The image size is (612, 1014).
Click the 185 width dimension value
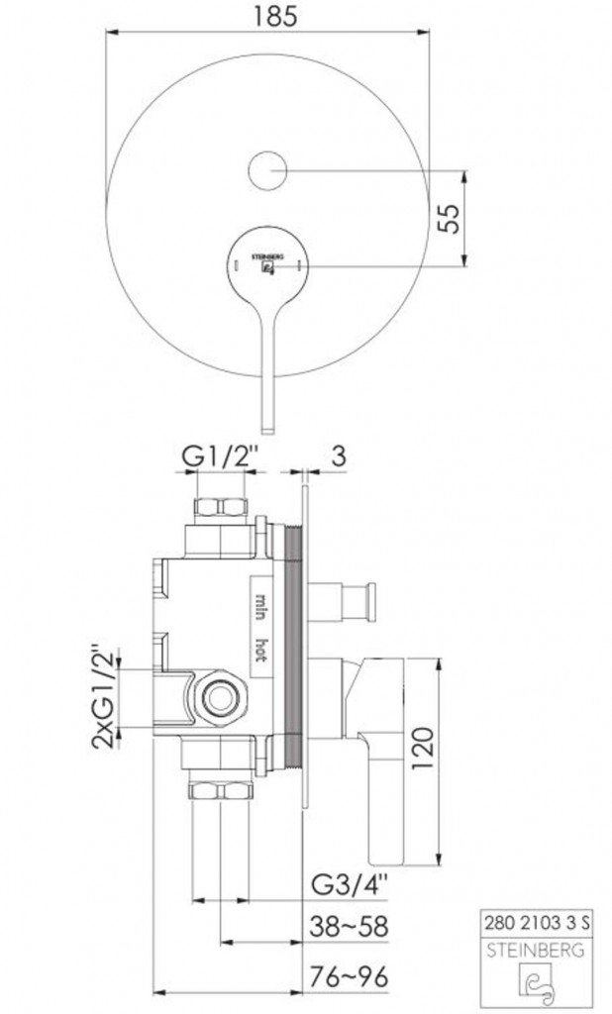click(x=267, y=15)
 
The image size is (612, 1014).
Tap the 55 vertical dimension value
click(x=450, y=218)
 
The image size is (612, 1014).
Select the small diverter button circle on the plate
click(x=267, y=170)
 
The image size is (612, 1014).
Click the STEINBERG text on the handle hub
click(x=267, y=256)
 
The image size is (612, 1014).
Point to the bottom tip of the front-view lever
click(x=267, y=433)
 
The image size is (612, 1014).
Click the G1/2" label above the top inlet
click(x=220, y=456)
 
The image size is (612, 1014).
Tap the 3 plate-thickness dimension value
click(x=339, y=456)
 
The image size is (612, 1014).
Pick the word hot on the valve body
click(x=261, y=650)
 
